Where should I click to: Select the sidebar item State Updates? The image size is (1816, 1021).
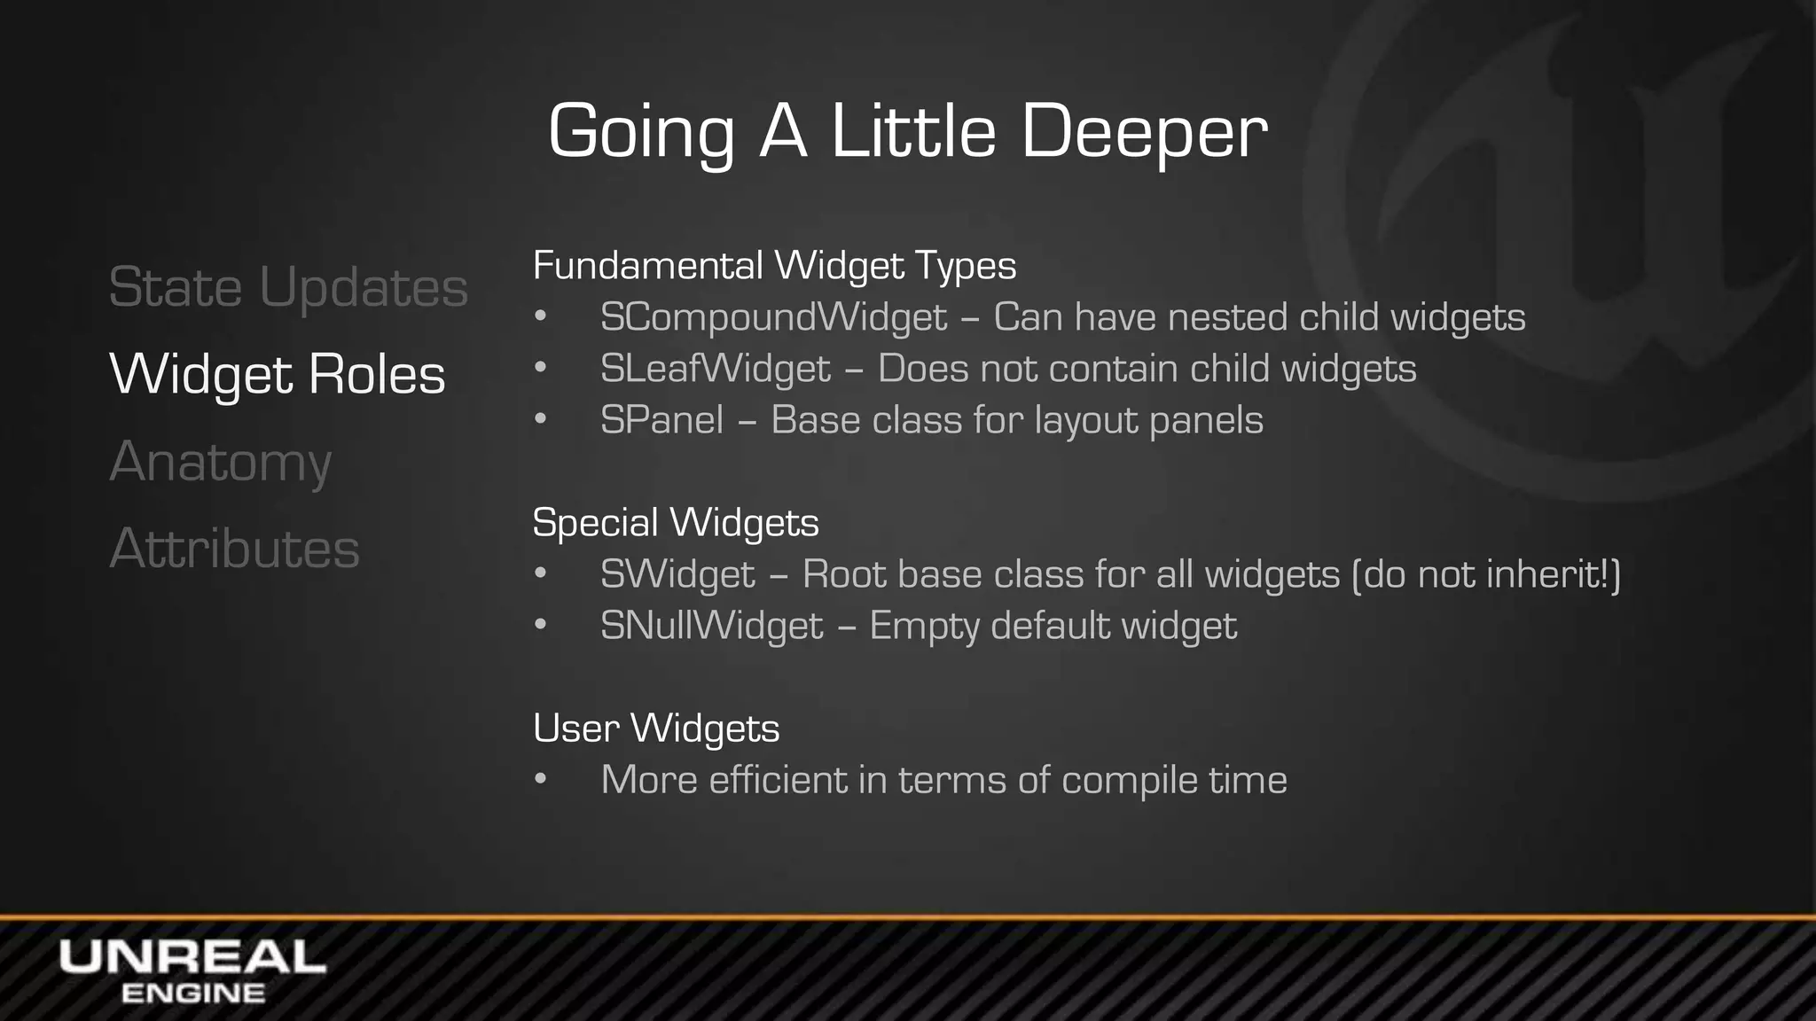coord(288,288)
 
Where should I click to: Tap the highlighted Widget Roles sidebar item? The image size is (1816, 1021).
coord(277,374)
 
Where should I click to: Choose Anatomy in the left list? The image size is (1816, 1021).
coord(221,462)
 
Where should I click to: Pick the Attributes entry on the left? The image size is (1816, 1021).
coord(235,548)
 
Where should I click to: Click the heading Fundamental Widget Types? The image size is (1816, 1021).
coord(774,266)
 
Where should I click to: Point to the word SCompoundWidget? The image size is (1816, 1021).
coord(773,317)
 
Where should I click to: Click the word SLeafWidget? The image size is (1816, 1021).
coord(715,369)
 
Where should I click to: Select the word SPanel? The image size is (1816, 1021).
coord(661,420)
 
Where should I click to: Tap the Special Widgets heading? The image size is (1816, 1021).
coord(676,522)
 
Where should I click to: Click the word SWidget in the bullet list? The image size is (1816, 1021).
coord(677,574)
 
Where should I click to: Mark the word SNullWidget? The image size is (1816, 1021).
coord(711,626)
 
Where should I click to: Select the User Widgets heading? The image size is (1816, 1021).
coord(656,729)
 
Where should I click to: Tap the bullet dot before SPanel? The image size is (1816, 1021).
coord(541,420)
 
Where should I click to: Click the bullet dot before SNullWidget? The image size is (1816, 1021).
coord(541,626)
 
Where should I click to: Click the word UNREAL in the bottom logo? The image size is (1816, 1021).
coord(192,958)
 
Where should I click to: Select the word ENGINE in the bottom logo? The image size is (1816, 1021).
coord(192,994)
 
